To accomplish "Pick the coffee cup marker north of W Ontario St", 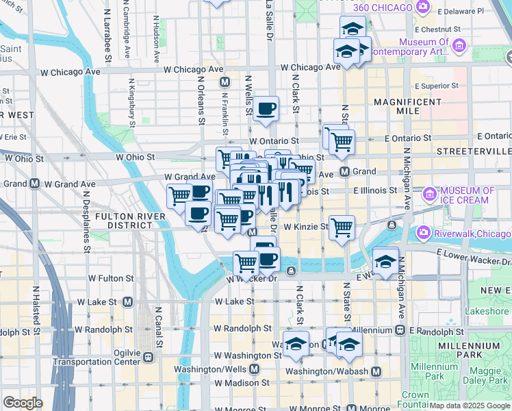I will coord(266,108).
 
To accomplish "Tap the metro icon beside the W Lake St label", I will coord(128,301).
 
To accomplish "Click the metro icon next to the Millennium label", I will coord(400,330).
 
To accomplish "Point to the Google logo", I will coord(23,402).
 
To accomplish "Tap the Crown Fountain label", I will coord(415,399).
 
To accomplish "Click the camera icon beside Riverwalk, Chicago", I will coord(424,233).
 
